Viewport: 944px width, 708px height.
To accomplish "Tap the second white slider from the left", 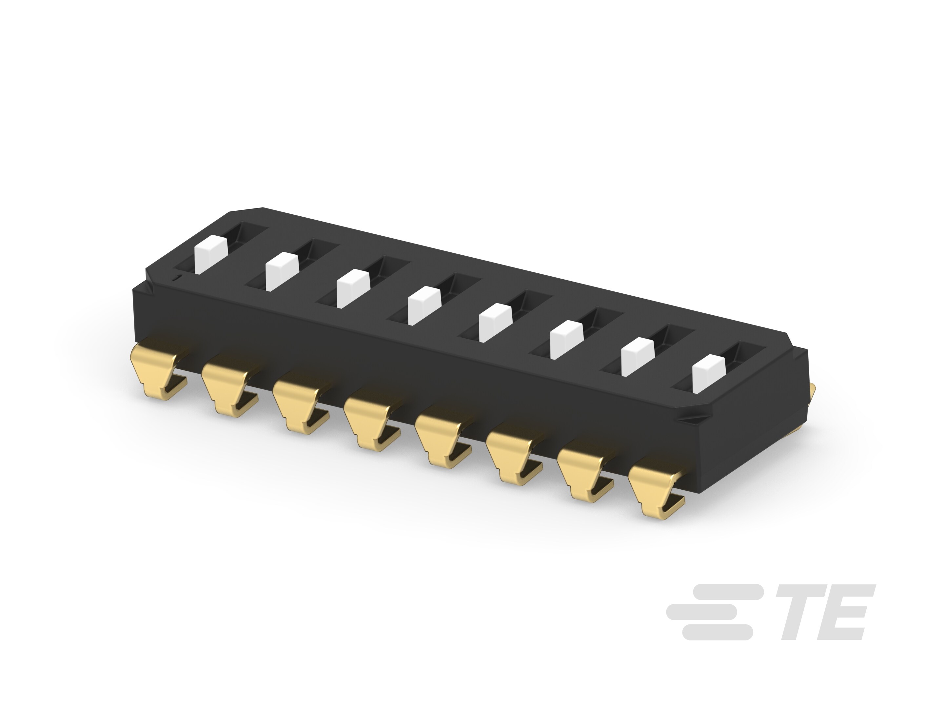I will click(281, 271).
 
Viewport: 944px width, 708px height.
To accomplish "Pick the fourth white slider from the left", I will click(424, 305).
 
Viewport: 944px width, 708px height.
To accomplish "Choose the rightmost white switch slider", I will click(709, 374).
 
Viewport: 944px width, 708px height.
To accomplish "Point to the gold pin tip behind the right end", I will click(813, 390).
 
